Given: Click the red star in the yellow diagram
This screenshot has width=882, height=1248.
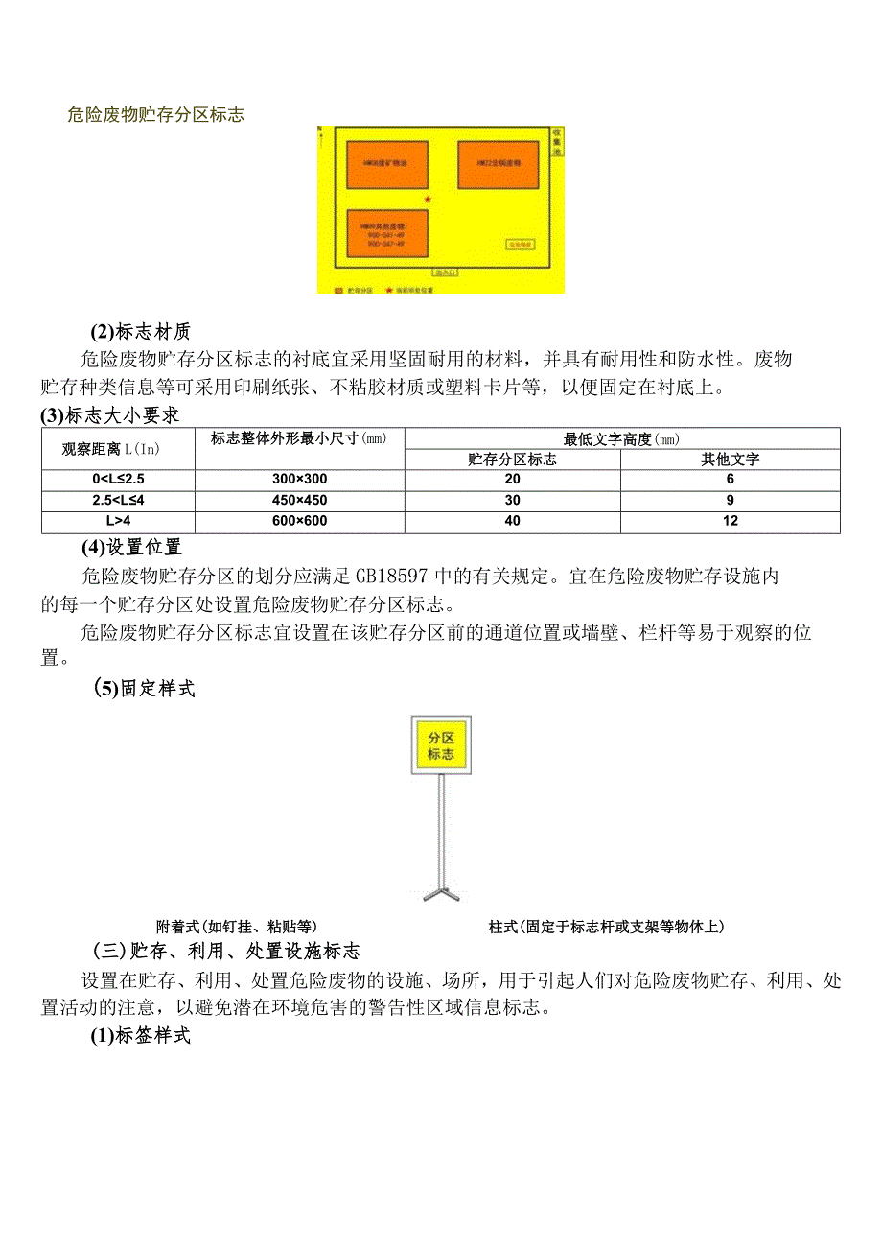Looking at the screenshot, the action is [428, 200].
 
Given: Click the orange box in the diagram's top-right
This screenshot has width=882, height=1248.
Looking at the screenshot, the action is [498, 164].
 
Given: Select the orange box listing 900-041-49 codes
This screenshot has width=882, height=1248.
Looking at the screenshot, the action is [386, 233].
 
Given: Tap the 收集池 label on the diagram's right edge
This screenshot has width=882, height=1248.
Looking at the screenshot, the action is [557, 142].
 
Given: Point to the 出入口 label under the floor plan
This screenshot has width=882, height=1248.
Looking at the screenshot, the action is [447, 272].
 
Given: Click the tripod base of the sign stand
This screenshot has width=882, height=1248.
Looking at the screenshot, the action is [441, 894].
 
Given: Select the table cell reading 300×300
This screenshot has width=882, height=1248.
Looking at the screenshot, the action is [299, 479].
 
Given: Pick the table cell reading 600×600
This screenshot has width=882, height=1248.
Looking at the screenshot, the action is [299, 521].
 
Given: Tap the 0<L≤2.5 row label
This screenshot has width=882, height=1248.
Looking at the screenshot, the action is [118, 479].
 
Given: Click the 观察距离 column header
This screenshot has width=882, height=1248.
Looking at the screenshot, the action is [118, 448].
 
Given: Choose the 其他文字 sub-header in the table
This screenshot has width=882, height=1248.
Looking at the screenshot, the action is [730, 459].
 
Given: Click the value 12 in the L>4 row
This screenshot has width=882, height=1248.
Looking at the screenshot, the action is [730, 521].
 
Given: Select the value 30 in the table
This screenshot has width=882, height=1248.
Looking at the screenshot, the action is [512, 500].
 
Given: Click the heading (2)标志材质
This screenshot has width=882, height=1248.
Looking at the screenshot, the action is [141, 332].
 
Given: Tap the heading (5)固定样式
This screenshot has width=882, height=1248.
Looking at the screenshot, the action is [145, 689].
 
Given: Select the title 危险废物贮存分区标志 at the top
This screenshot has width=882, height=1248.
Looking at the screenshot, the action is [156, 115].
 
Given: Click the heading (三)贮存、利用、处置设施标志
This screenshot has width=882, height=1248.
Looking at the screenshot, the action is [226, 952].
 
